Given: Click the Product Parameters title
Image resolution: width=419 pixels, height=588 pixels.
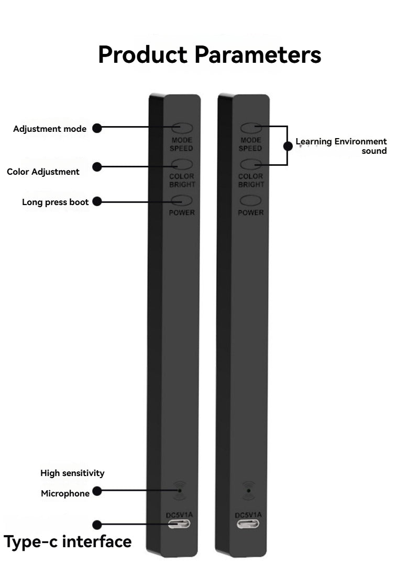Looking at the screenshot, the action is (x=210, y=55).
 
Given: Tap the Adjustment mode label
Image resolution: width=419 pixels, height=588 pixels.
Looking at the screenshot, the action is (x=50, y=129).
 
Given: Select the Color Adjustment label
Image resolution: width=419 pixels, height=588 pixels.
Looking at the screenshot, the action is (x=43, y=172).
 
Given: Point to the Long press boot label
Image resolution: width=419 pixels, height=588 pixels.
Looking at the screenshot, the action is (x=55, y=202).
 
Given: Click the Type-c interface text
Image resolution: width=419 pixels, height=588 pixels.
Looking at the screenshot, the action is (x=68, y=542).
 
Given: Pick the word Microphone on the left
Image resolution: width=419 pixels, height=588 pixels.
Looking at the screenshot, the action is (x=65, y=493).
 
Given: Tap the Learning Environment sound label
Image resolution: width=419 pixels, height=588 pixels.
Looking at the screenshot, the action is (x=341, y=146).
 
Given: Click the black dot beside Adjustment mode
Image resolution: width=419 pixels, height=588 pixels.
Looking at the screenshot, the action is (x=97, y=128).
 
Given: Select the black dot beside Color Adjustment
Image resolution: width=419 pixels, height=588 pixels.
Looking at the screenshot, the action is (x=97, y=167).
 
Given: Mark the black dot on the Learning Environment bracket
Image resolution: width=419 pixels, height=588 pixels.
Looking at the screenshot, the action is (x=288, y=146).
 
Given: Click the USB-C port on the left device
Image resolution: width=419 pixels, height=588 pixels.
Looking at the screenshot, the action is (x=179, y=524).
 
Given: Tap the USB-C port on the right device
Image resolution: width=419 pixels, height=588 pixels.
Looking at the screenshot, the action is (x=248, y=524).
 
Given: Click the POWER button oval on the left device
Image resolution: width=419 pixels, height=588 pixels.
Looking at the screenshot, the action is (x=182, y=201).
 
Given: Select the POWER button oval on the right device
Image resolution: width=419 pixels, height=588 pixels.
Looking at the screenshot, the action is (x=251, y=201).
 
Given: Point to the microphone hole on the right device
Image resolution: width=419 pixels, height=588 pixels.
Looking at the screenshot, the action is (x=249, y=491).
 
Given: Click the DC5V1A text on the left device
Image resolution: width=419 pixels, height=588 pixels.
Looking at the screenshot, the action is (x=180, y=515).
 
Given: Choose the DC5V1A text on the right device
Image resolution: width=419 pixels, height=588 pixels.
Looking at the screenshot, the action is (x=248, y=515).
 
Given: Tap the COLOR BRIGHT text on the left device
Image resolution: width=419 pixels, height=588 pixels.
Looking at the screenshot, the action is (x=182, y=180).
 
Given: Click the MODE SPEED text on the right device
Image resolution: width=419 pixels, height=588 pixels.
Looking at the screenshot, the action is (x=250, y=144).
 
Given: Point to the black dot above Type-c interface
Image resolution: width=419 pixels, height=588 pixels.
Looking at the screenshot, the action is (x=97, y=525).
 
